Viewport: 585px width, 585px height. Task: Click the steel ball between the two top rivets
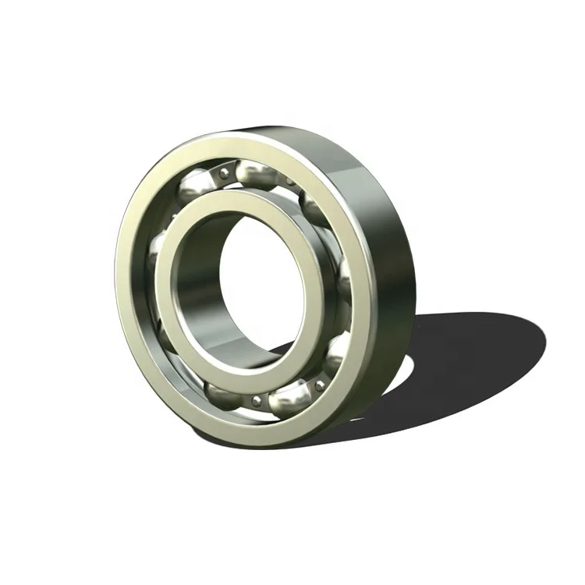(259, 173)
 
